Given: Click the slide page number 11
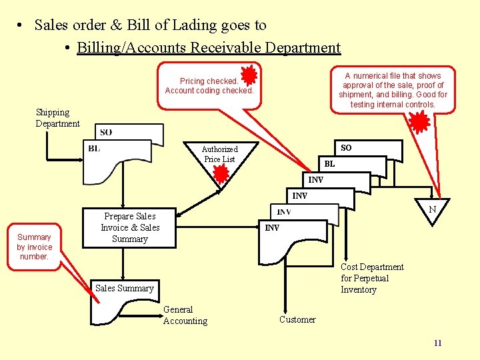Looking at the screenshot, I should tap(437, 343).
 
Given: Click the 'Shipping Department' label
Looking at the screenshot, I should tap(57, 118).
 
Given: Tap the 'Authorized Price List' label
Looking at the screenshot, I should tap(219, 154).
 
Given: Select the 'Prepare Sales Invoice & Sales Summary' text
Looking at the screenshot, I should tap(130, 227).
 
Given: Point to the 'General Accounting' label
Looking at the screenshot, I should tap(185, 315).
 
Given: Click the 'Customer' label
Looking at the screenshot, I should tap(297, 319).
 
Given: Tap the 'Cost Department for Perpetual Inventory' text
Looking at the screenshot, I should tap(372, 278).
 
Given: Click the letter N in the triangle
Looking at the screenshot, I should tap(432, 209).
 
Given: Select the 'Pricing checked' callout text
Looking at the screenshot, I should tap(209, 86).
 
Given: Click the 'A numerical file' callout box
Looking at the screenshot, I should tap(393, 90).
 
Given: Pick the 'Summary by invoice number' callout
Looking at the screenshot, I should tap(34, 247).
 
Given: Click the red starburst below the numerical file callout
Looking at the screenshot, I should tap(419, 121).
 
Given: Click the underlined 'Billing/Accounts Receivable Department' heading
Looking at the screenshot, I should tap(209, 48).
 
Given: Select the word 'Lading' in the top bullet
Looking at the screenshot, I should tap(212, 25).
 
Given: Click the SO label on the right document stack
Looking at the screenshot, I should tap(346, 147).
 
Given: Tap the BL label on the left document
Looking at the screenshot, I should tap(94, 148).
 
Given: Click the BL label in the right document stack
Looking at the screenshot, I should tap(329, 163).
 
